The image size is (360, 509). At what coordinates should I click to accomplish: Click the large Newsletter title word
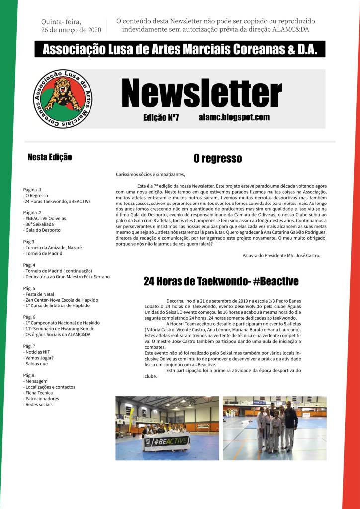point(201,94)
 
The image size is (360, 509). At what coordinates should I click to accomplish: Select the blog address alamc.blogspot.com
point(234,117)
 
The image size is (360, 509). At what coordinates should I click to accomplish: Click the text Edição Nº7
point(161,117)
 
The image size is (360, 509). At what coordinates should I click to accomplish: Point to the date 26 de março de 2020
point(71,30)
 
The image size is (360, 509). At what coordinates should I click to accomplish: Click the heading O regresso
point(218,159)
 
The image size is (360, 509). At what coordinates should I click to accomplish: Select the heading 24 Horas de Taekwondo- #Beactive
point(221,281)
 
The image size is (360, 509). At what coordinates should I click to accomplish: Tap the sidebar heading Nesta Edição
point(50,157)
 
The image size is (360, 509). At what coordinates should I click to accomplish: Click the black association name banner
point(180,49)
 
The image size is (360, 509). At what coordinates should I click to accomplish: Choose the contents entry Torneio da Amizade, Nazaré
point(52,247)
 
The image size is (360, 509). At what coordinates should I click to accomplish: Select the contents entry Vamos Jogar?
point(38,358)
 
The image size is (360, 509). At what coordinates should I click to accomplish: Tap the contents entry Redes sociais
point(38,404)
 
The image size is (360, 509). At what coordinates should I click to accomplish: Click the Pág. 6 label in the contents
point(29,317)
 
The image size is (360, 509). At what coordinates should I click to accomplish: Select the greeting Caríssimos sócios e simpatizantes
point(150,175)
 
